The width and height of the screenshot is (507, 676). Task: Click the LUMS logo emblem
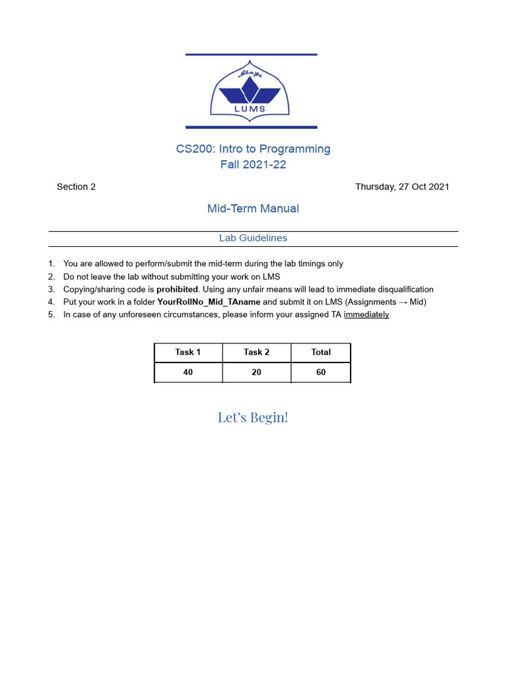pos(251,91)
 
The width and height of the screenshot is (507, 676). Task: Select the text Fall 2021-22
pos(253,165)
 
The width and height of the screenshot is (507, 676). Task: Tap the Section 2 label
pos(76,187)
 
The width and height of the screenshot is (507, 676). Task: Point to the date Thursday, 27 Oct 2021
pos(402,187)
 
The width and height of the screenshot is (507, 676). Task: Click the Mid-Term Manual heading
pos(253,209)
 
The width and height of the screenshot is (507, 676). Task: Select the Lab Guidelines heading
pos(253,238)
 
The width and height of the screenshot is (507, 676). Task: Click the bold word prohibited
pos(177,289)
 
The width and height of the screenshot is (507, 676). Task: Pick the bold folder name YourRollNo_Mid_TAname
pos(209,302)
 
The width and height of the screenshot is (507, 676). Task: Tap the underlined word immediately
pos(366,315)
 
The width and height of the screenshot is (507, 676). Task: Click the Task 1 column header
pos(188,353)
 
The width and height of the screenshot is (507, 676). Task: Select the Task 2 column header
pos(256,353)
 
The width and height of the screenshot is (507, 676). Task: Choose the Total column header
pos(321,353)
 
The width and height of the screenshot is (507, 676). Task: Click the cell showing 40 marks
pos(188,372)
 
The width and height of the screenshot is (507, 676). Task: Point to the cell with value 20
pos(256,372)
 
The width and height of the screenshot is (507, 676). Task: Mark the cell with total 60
pos(321,372)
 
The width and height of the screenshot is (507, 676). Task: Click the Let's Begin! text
pos(253,417)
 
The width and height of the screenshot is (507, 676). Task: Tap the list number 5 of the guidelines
pos(51,315)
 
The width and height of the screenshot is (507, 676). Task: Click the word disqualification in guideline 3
pos(400,289)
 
